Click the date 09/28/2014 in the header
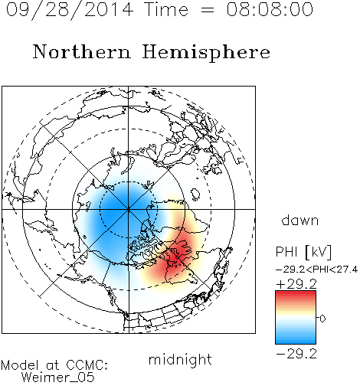coord(70,10)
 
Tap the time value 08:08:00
coord(270,9)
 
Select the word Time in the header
coord(166,9)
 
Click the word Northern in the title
coord(82,51)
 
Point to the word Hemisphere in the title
coord(206,53)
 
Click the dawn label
coord(300,220)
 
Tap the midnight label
coord(180,360)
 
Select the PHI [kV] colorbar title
coord(303,252)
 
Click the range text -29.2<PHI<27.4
coord(316,270)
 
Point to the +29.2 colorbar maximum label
coord(296,284)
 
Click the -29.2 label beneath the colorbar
coord(296,354)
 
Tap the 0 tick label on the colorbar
coord(322,319)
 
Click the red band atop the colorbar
coord(296,296)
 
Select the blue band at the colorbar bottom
coord(296,338)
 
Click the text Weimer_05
coord(58,378)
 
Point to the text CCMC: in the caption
coord(87,365)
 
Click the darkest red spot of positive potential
coord(178,254)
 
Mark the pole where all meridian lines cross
coord(129,209)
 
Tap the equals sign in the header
coord(208,10)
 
